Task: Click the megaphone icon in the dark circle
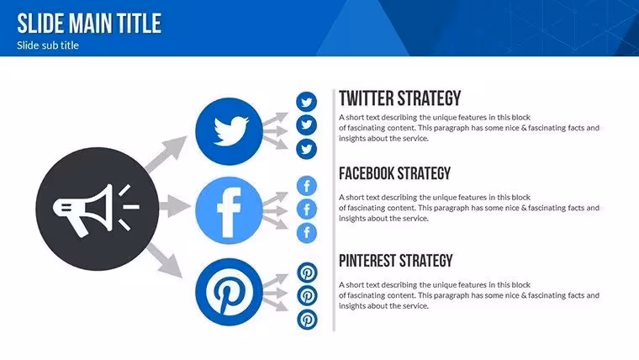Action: [x=96, y=210]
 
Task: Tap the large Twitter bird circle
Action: [x=229, y=131]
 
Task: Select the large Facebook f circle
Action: [x=229, y=210]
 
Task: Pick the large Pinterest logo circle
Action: [x=229, y=292]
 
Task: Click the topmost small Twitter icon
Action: [x=306, y=102]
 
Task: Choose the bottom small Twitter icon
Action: [x=306, y=149]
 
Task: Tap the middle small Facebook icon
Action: [x=306, y=209]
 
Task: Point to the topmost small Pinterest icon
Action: [x=307, y=273]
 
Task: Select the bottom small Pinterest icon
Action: [x=307, y=320]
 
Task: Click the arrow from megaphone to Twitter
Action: [x=166, y=154]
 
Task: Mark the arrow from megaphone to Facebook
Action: [x=175, y=206]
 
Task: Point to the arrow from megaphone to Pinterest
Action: [x=164, y=260]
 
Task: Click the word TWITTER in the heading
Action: [x=367, y=98]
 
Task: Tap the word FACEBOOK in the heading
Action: [x=366, y=173]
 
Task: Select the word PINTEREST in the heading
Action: [x=367, y=261]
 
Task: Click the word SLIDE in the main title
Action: [x=40, y=24]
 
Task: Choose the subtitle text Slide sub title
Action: [x=48, y=45]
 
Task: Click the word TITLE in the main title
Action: [x=139, y=24]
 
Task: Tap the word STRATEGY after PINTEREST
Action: [x=426, y=261]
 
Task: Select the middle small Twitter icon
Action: [x=306, y=125]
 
